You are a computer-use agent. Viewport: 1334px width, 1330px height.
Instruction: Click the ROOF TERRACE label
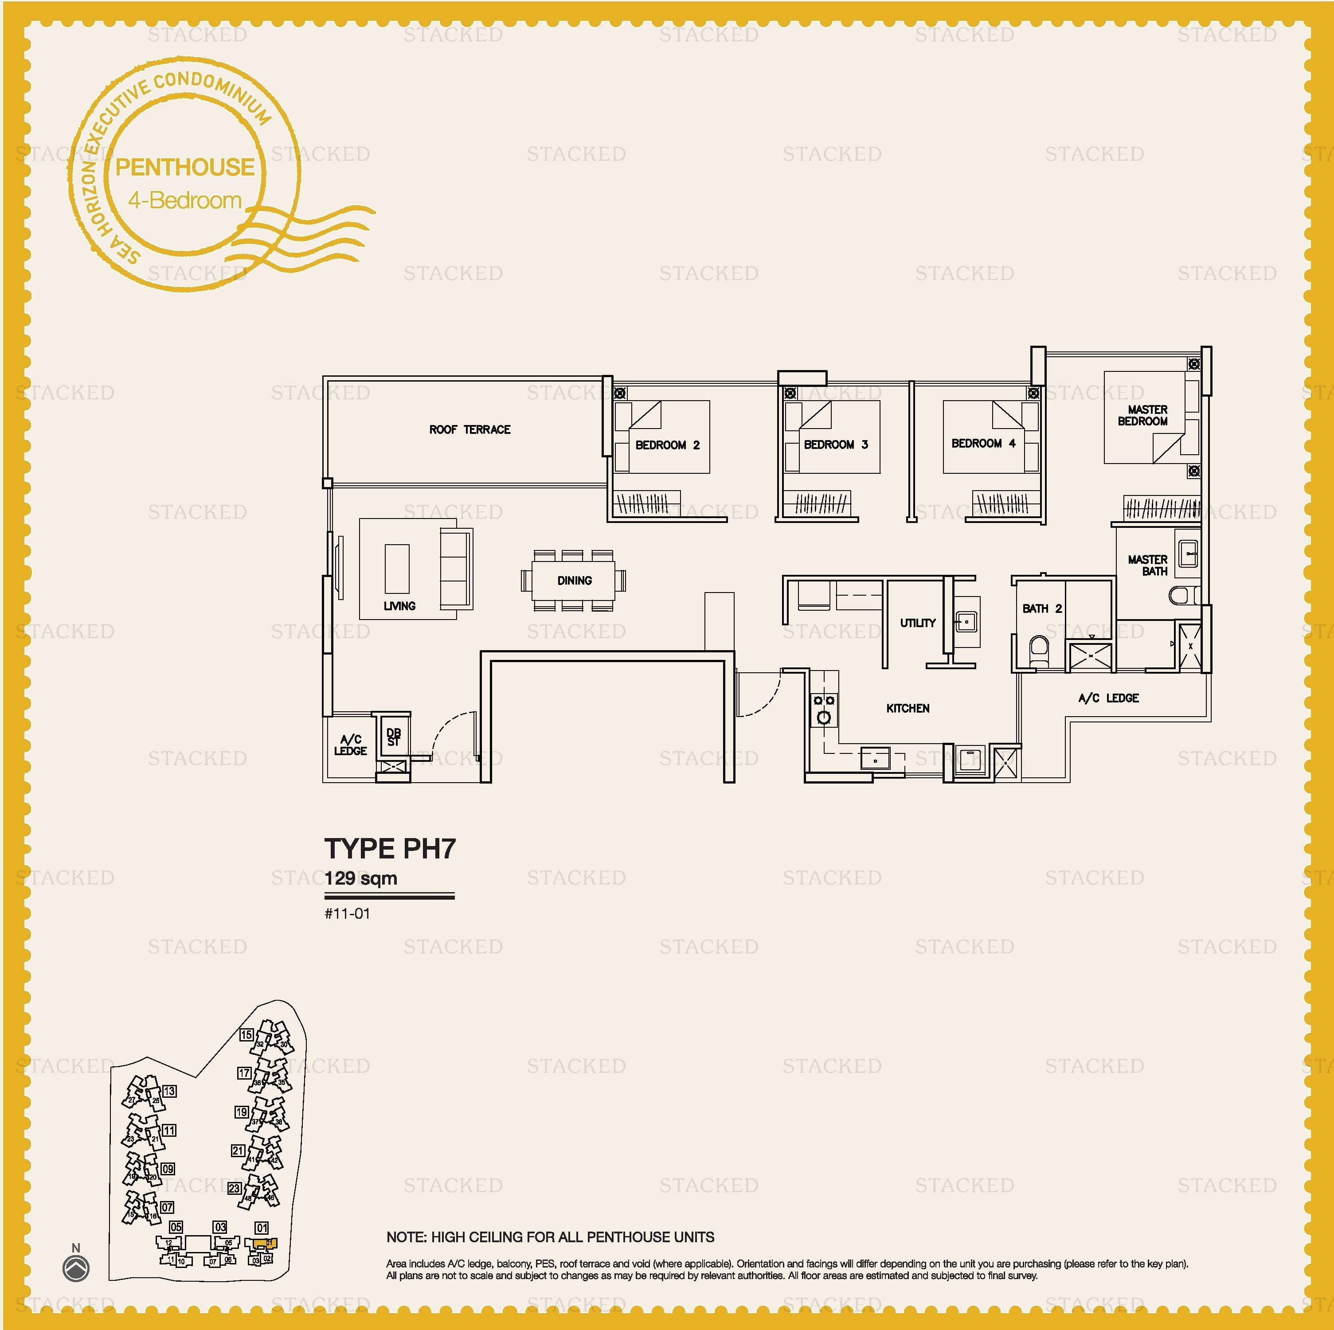469,429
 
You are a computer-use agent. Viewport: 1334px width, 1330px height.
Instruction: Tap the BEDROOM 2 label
667,445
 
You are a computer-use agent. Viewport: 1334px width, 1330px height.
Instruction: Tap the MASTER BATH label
1147,565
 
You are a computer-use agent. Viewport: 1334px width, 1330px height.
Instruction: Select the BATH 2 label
1042,608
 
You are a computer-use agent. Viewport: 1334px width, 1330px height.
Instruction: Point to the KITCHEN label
907,708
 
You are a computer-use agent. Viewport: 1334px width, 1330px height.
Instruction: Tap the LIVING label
399,606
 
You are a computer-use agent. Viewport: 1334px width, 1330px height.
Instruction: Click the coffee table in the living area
396,568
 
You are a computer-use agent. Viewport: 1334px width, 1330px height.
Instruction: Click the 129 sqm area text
360,878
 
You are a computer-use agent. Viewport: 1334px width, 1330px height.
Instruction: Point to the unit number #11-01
347,914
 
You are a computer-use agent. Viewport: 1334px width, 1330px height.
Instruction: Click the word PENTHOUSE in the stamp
184,167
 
